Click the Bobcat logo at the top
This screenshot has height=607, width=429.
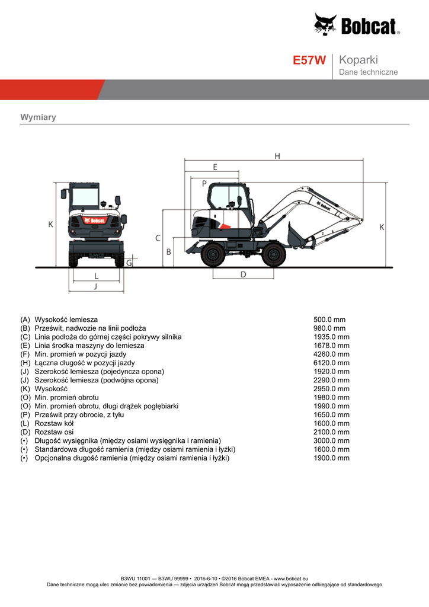pos(357,25)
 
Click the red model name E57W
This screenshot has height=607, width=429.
pos(309,60)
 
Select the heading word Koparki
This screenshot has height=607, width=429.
pos(358,60)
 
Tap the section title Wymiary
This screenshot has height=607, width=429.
pos(38,117)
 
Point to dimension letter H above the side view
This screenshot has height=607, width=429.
pos(277,156)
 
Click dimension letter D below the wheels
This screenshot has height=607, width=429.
pos(244,274)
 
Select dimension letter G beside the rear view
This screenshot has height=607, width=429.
pos(129,263)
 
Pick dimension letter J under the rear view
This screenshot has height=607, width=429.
pos(95,286)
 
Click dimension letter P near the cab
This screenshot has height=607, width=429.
pos(204,184)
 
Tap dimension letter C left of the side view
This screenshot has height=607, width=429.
pos(158,238)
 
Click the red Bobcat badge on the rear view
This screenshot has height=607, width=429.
pos(94,221)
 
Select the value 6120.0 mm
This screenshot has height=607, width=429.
pos(331,363)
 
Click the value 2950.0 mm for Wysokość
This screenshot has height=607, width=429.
pos(331,389)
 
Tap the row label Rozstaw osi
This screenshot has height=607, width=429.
pos(54,432)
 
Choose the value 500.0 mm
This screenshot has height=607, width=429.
pos(329,320)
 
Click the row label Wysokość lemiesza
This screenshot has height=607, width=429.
pos(66,320)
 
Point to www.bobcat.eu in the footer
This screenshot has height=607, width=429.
pos(291,579)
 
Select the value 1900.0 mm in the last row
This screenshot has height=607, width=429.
pos(331,458)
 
